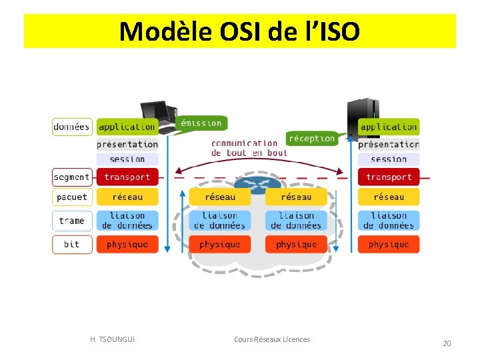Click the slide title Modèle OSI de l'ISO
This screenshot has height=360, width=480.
click(239, 31)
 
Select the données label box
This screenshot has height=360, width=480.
click(72, 127)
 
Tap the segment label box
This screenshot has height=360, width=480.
click(72, 177)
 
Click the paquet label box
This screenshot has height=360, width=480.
click(72, 197)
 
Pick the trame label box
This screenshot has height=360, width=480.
click(72, 221)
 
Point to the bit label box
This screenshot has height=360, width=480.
click(72, 245)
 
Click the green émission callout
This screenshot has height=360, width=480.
click(201, 123)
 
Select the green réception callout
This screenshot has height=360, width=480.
click(311, 138)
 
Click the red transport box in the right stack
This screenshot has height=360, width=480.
click(389, 177)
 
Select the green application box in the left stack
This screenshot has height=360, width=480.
click(127, 127)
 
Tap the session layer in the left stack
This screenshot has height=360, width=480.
click(127, 159)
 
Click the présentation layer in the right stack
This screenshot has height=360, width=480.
click(389, 144)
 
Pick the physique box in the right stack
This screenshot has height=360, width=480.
click(389, 245)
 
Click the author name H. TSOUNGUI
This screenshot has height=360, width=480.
click(112, 339)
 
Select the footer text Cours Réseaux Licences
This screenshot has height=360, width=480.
click(272, 339)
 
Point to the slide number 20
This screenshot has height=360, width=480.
click(447, 343)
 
